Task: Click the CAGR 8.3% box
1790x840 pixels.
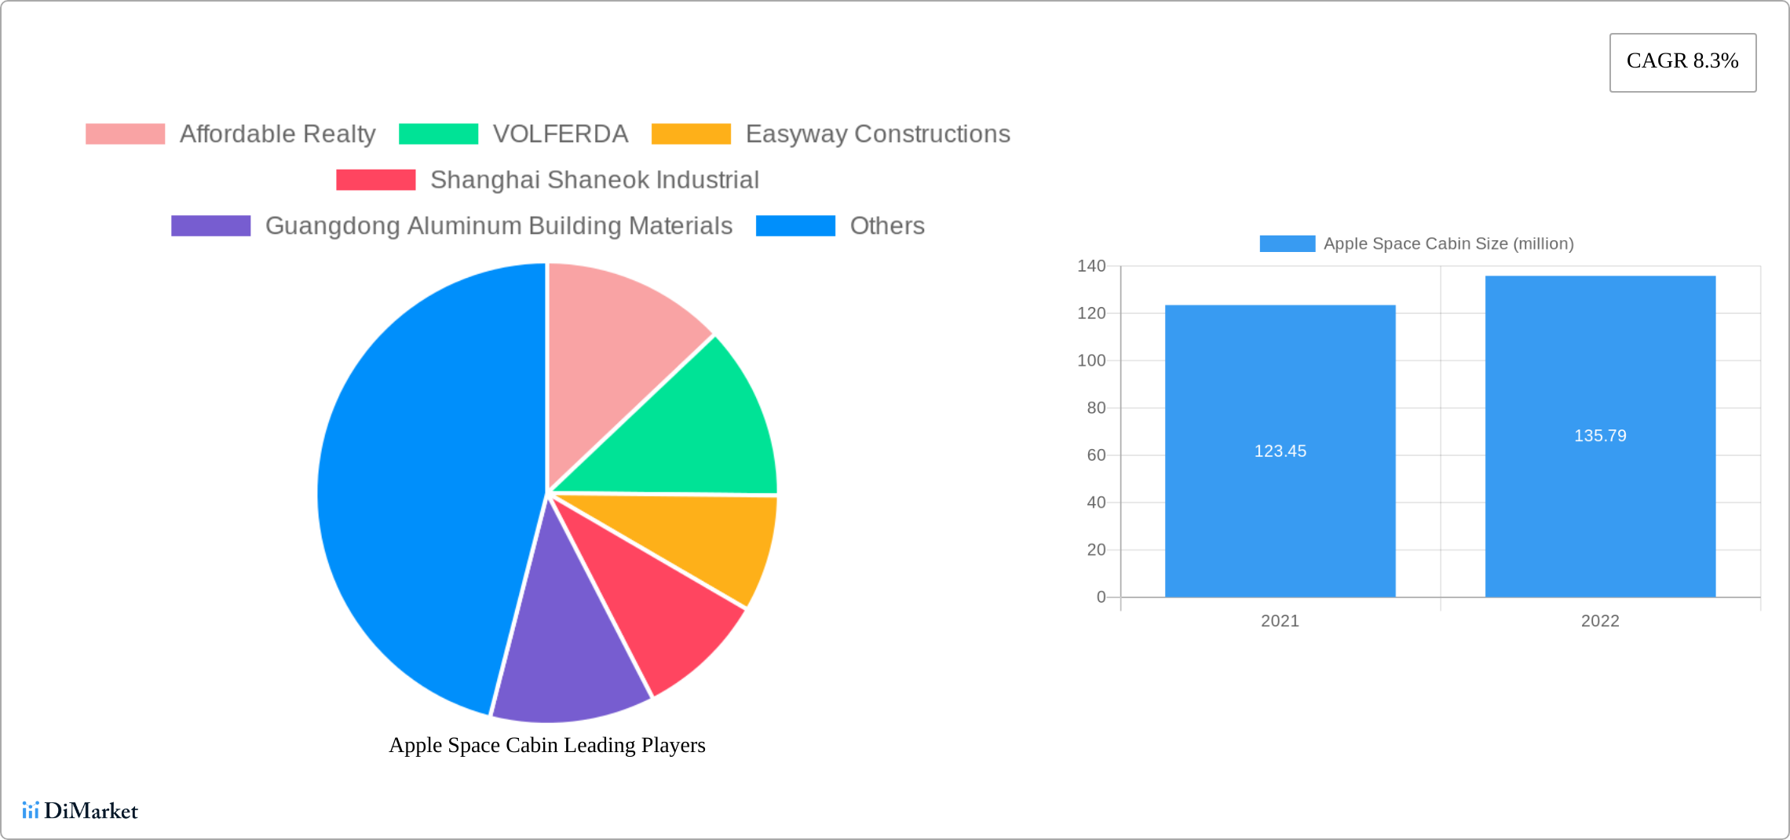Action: click(x=1682, y=62)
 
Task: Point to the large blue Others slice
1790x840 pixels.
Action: click(x=424, y=487)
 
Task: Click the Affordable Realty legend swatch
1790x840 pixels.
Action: click(x=125, y=134)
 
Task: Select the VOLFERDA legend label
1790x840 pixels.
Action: click(x=560, y=134)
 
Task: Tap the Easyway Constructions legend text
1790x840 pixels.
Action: click(x=877, y=134)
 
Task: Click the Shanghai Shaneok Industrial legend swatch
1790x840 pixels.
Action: click(x=375, y=180)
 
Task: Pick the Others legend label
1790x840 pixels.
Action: click(x=887, y=226)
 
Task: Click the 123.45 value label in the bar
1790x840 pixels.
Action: click(x=1280, y=451)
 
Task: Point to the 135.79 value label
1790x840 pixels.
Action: click(x=1600, y=436)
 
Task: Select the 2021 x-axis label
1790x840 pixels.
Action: click(x=1280, y=621)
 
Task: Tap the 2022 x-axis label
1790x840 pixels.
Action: click(x=1600, y=621)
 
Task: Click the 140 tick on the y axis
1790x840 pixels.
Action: click(x=1091, y=266)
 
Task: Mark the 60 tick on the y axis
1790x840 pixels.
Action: click(x=1096, y=455)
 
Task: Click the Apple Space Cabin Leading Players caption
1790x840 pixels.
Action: click(x=547, y=745)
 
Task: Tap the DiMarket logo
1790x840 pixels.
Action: click(x=80, y=810)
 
